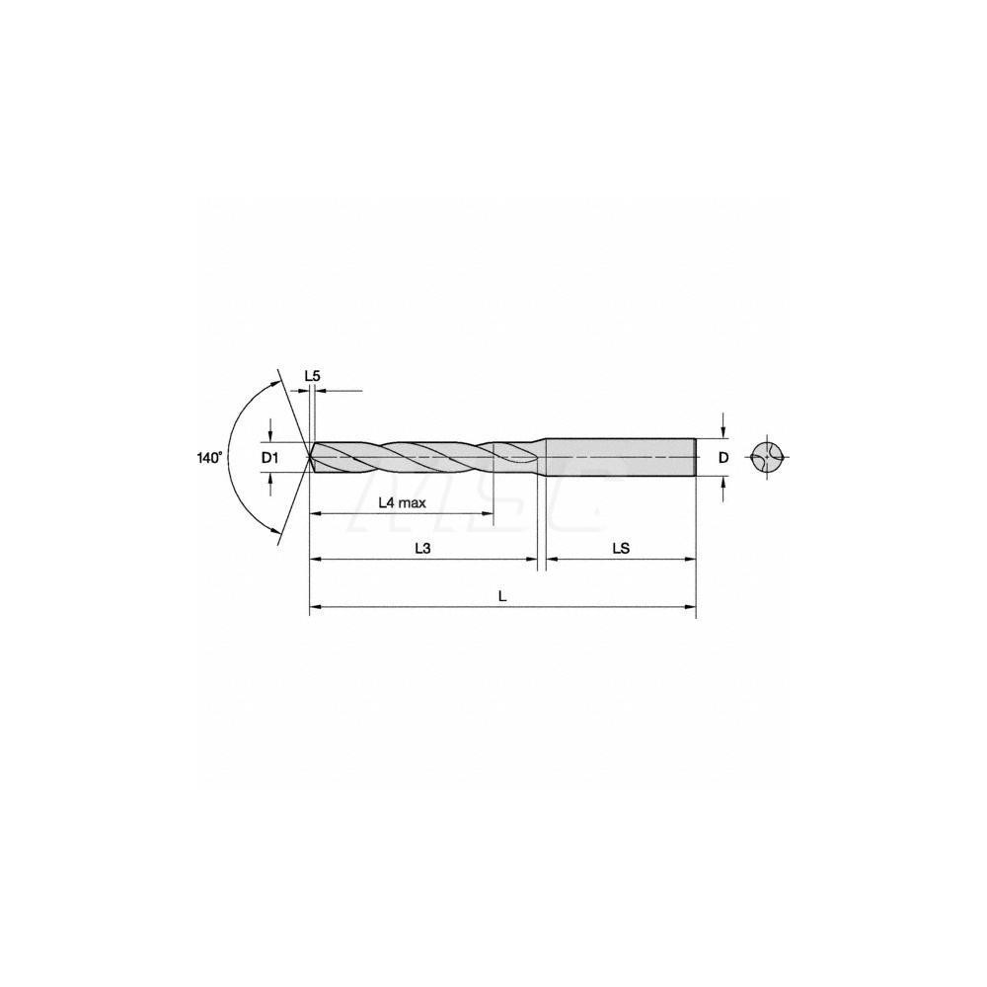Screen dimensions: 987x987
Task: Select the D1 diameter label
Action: click(x=270, y=457)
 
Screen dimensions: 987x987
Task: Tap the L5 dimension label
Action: click(x=312, y=376)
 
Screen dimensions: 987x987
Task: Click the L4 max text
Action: click(x=402, y=501)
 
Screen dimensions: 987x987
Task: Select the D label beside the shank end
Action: click(x=723, y=457)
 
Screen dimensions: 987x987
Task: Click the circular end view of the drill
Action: click(x=769, y=457)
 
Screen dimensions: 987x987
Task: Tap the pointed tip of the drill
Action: click(x=311, y=457)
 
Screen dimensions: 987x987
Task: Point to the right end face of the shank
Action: click(x=697, y=457)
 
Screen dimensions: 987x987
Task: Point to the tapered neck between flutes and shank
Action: click(x=541, y=457)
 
